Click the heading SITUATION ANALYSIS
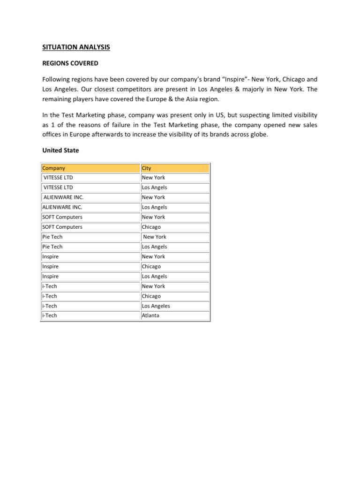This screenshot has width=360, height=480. point(75,47)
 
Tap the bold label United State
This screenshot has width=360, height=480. point(60,150)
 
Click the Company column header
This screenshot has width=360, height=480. point(54,168)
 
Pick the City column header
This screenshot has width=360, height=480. point(146,168)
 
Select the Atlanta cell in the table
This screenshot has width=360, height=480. point(150,315)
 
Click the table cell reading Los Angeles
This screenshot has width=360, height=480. point(156,306)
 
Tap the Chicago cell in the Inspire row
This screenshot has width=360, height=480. point(151,266)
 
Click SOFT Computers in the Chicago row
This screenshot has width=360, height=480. point(62,227)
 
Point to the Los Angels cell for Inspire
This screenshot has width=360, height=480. point(154,276)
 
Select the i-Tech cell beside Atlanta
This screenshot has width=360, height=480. point(50,315)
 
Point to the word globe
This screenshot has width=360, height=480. point(257,134)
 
